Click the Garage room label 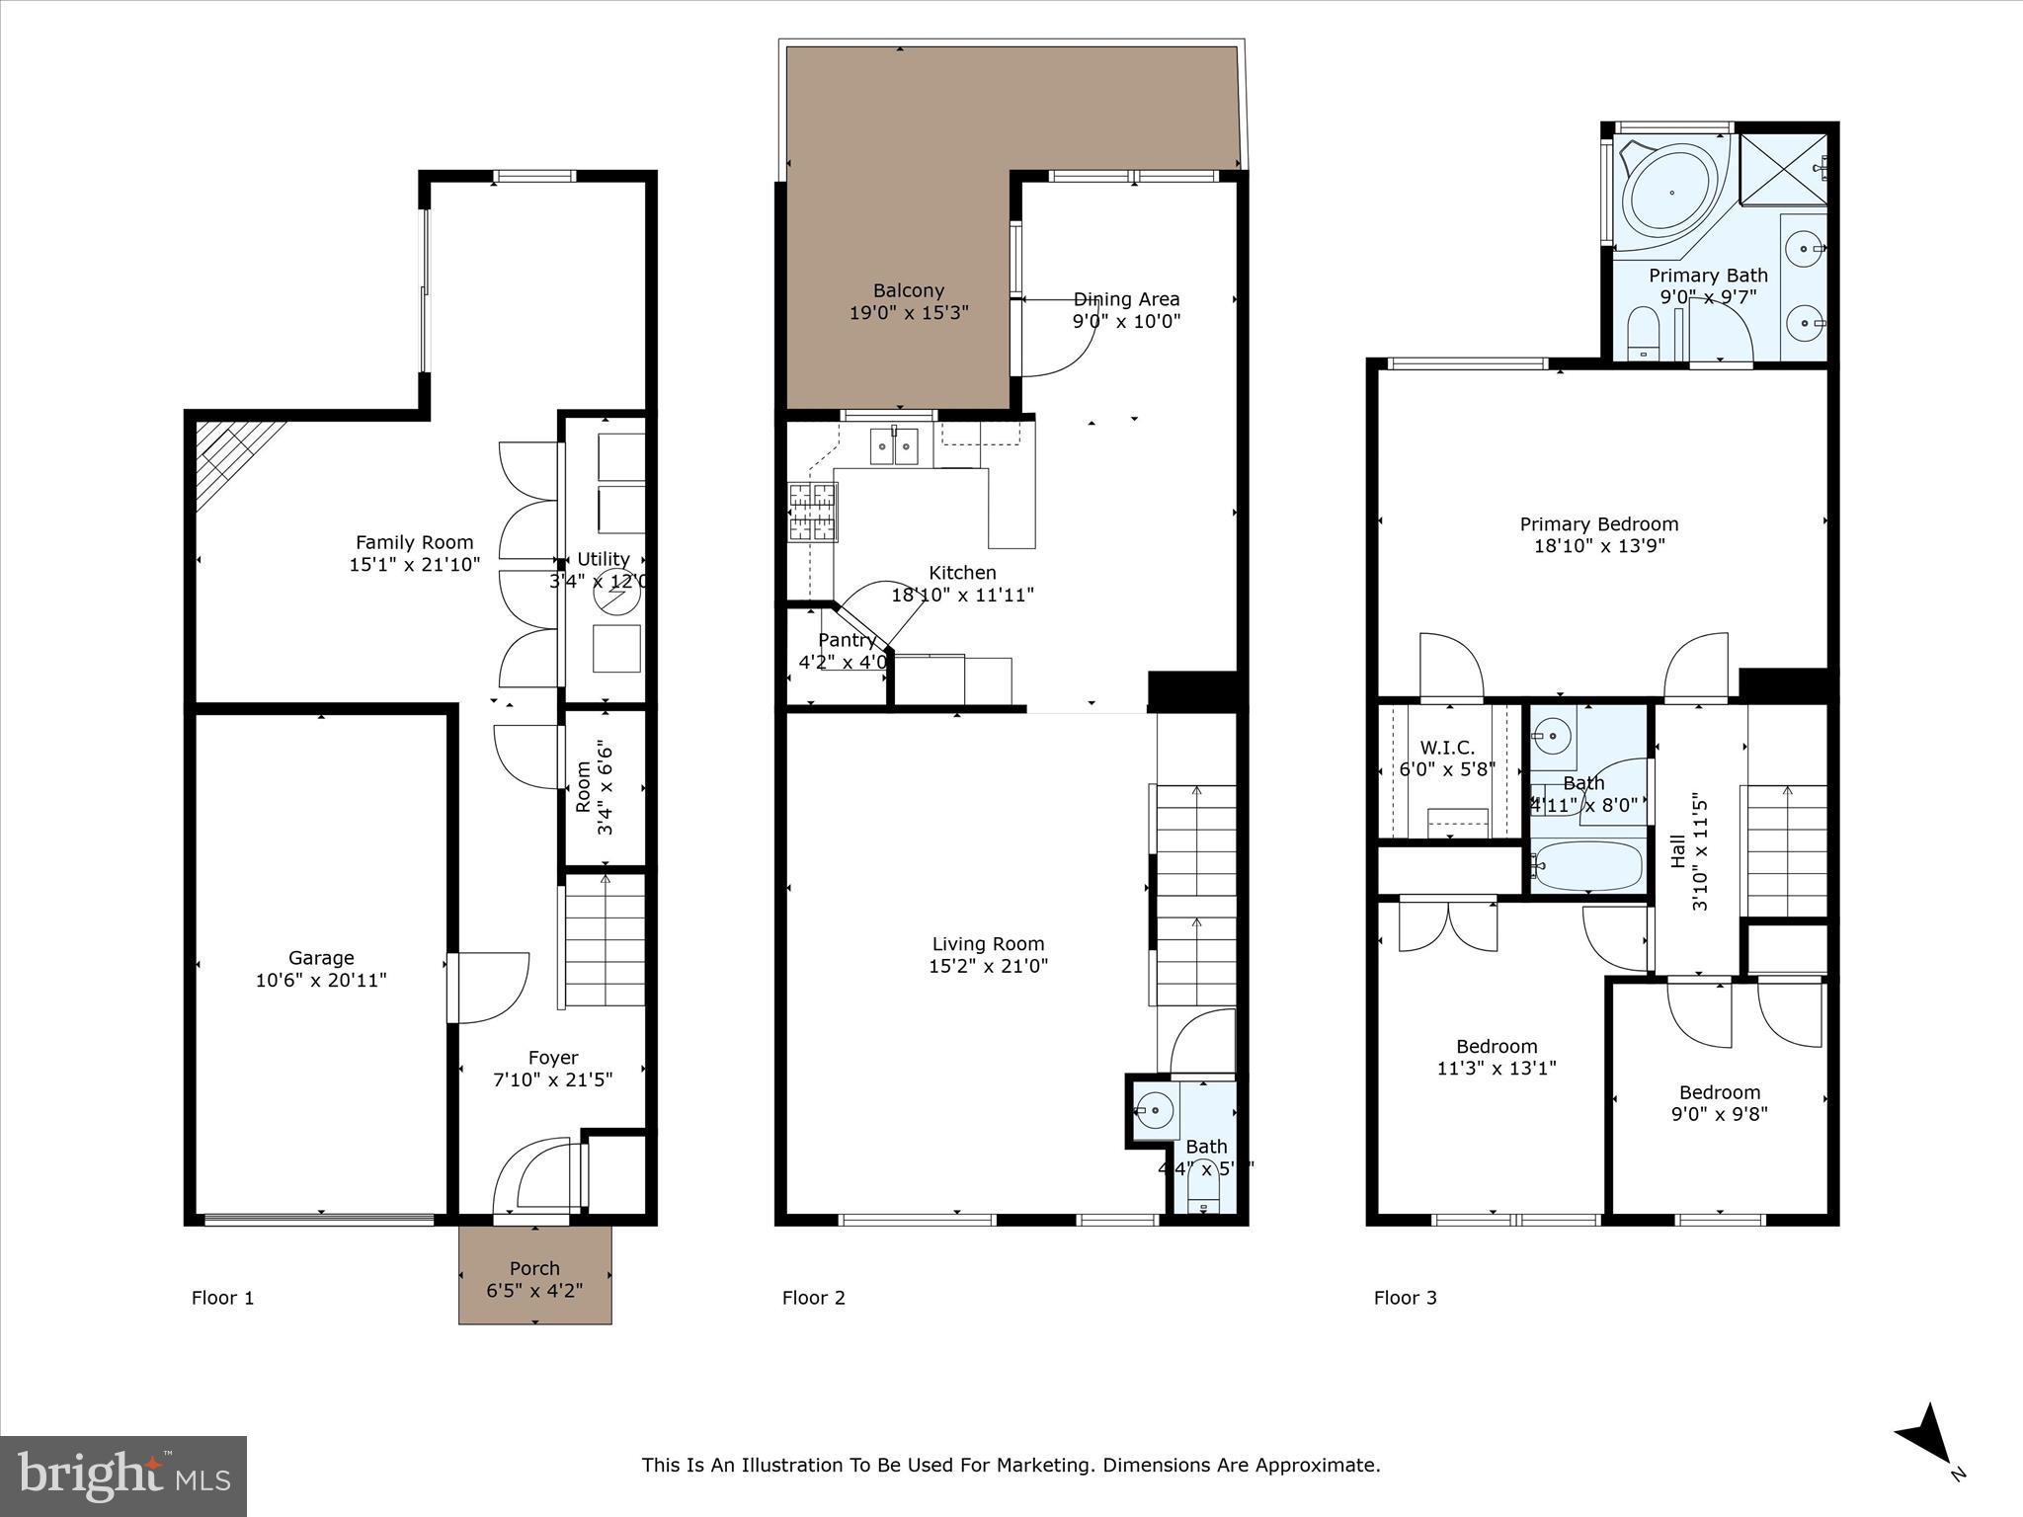coord(321,957)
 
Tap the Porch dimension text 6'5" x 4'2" coord(534,1290)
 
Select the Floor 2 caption coord(813,1298)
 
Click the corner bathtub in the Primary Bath coord(1671,194)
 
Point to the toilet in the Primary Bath coord(1643,332)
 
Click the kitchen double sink coord(894,446)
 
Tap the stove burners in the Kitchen coord(812,513)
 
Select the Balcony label coord(908,290)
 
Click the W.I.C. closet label coord(1447,748)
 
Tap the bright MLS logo coord(123,1477)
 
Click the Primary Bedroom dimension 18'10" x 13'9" coord(1599,546)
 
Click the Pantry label coord(847,640)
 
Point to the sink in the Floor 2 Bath coord(1154,1111)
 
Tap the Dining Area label coord(1126,299)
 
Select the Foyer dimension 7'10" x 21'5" coord(552,1079)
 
